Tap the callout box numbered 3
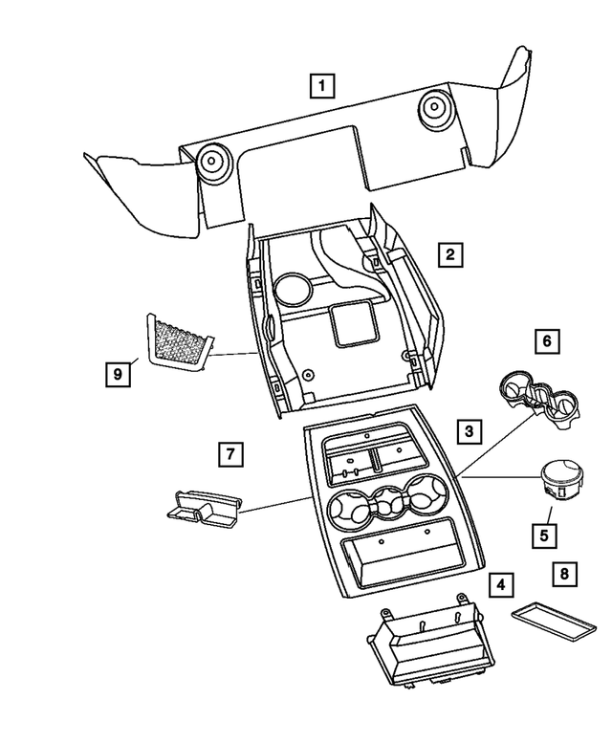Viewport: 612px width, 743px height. pos(469,433)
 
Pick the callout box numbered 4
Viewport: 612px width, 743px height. pos(499,582)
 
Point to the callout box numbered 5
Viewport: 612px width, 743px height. pos(544,534)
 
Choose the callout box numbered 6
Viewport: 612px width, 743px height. pos(546,339)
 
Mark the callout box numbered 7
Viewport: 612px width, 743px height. pos(229,453)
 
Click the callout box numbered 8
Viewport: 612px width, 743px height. pos(564,574)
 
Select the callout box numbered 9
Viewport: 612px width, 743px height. pos(117,373)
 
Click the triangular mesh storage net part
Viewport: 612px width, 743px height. pos(178,342)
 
